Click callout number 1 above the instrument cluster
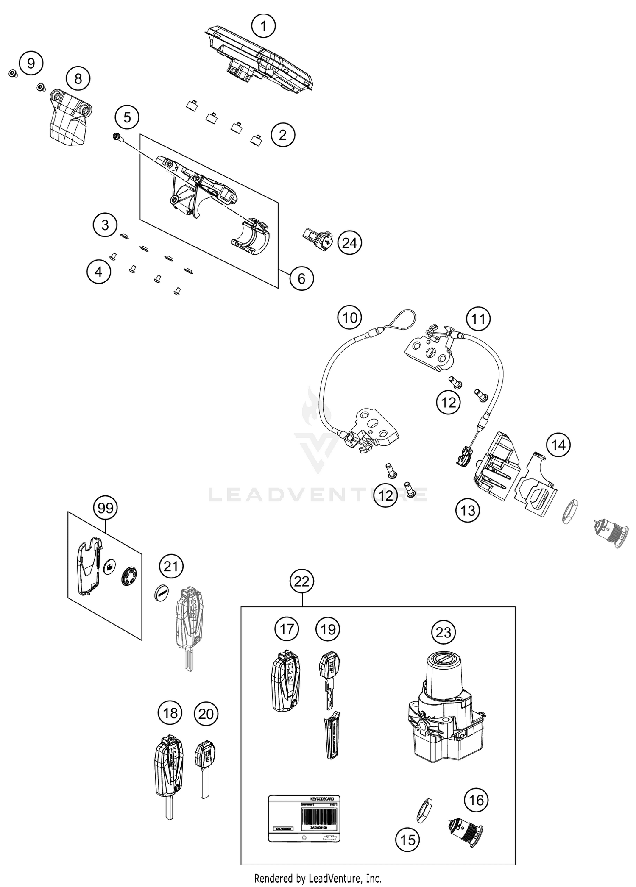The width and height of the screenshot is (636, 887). coord(263,26)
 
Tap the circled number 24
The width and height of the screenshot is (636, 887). coord(350,243)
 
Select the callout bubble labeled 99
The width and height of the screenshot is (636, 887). coord(105,507)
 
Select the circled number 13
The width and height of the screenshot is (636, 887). coord(468,511)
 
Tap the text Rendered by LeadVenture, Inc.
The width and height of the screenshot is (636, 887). coord(318,878)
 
